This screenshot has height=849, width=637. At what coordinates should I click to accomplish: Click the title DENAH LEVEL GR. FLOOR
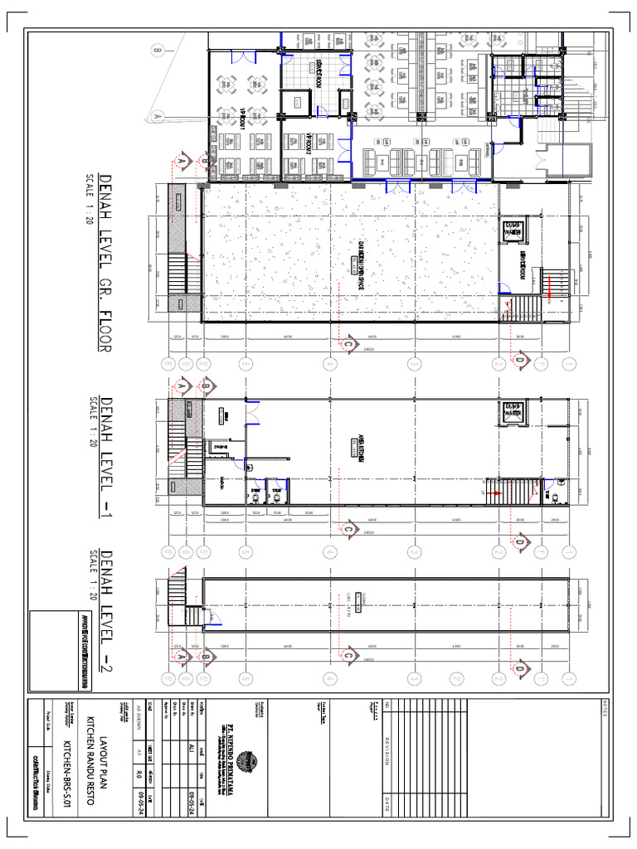(105, 263)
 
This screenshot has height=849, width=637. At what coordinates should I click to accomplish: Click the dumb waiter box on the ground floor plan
(512, 231)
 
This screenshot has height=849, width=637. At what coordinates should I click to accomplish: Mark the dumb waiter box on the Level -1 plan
(512, 411)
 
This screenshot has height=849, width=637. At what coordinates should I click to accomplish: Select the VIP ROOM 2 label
(306, 144)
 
